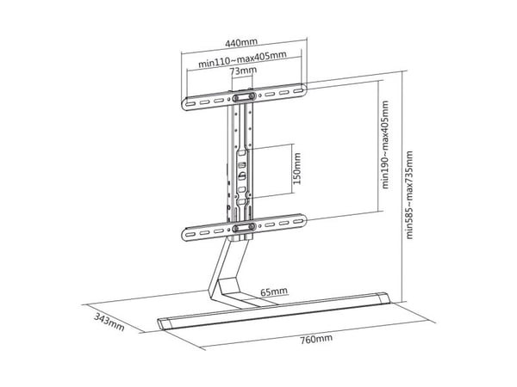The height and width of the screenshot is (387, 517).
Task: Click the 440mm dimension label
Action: (241, 42)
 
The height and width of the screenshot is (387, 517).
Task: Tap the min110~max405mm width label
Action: (242, 59)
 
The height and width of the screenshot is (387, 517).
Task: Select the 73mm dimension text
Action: (244, 71)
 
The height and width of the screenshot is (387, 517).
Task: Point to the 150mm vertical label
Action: (297, 169)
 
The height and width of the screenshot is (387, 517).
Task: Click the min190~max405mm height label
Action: (385, 144)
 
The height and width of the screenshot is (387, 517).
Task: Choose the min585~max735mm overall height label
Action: (409, 195)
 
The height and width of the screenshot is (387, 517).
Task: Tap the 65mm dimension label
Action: (274, 292)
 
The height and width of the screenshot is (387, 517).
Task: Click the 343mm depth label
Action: (109, 322)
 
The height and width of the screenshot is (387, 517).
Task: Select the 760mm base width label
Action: (316, 339)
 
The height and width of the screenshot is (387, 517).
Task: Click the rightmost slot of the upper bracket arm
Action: (299, 90)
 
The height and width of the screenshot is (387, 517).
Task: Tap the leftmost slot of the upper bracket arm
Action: (190, 104)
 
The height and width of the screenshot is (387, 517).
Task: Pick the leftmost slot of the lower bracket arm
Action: (190, 234)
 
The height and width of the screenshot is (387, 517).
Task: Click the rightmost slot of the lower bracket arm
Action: (299, 221)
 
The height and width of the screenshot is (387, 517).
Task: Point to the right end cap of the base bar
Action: (383, 298)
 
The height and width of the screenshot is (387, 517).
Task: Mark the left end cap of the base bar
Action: (165, 324)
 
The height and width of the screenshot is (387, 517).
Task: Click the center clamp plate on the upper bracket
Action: (244, 96)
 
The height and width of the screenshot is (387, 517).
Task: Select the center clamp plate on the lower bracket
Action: (244, 227)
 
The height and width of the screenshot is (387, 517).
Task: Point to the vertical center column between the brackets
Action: (240, 163)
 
